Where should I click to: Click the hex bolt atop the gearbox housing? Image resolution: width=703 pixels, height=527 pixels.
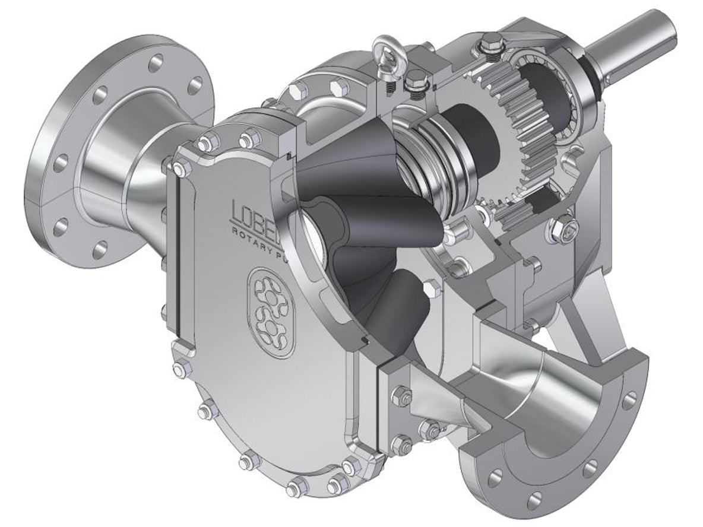(490, 42)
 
